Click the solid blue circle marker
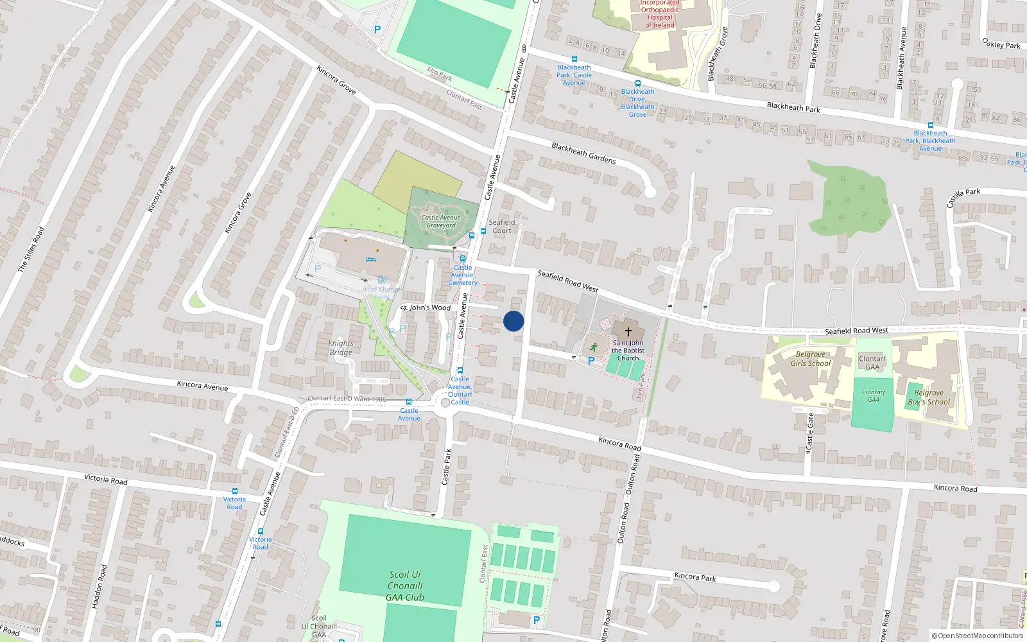pos(513,321)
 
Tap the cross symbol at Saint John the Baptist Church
pos(628,331)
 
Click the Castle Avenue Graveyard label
pos(441,221)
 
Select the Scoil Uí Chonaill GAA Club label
pos(405,586)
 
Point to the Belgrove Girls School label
pos(810,359)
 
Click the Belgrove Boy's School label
pos(929,397)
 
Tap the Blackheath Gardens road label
pos(583,153)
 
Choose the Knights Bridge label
pos(341,348)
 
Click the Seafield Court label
pos(502,227)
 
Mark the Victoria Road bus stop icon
pos(235,491)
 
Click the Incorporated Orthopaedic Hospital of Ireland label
pos(660,14)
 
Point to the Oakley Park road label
pos(1001,44)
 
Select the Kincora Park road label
pos(695,577)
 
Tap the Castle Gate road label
pos(810,431)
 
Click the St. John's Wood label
pos(427,308)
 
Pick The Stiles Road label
pos(31,249)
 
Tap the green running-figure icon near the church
pos(594,347)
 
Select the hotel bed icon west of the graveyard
pos(370,259)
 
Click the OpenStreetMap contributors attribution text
pos(977,636)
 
